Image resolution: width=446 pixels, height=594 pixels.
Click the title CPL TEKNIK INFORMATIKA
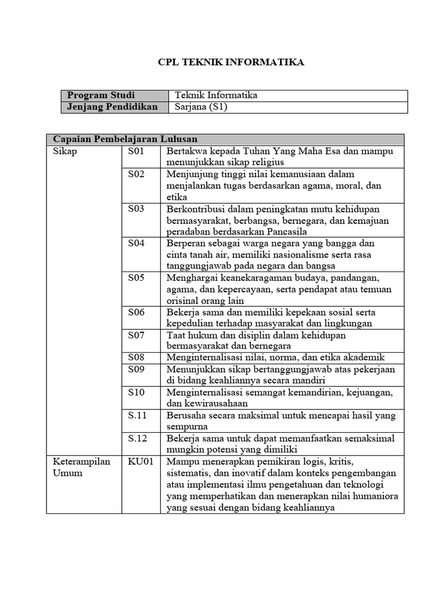pos(231,63)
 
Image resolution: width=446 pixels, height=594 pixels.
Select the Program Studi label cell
pos(101,95)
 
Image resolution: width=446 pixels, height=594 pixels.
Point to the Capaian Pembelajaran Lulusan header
pos(125,139)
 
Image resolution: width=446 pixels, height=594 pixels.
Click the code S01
pos(136,151)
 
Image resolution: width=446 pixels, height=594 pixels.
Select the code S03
pos(136,209)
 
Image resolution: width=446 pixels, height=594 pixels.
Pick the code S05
pos(136,278)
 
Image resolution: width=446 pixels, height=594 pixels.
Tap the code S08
pos(136,358)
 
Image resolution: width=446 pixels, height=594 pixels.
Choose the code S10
pos(136,392)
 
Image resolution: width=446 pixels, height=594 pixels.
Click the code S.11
pos(138,415)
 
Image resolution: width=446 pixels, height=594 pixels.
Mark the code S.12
pos(138,439)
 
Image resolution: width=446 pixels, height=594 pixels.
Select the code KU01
pos(141,462)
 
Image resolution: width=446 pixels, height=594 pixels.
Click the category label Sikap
pos(64,151)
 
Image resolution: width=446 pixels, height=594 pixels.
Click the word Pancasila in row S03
pos(290,231)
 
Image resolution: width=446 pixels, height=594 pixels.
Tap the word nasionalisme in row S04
pos(290,255)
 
